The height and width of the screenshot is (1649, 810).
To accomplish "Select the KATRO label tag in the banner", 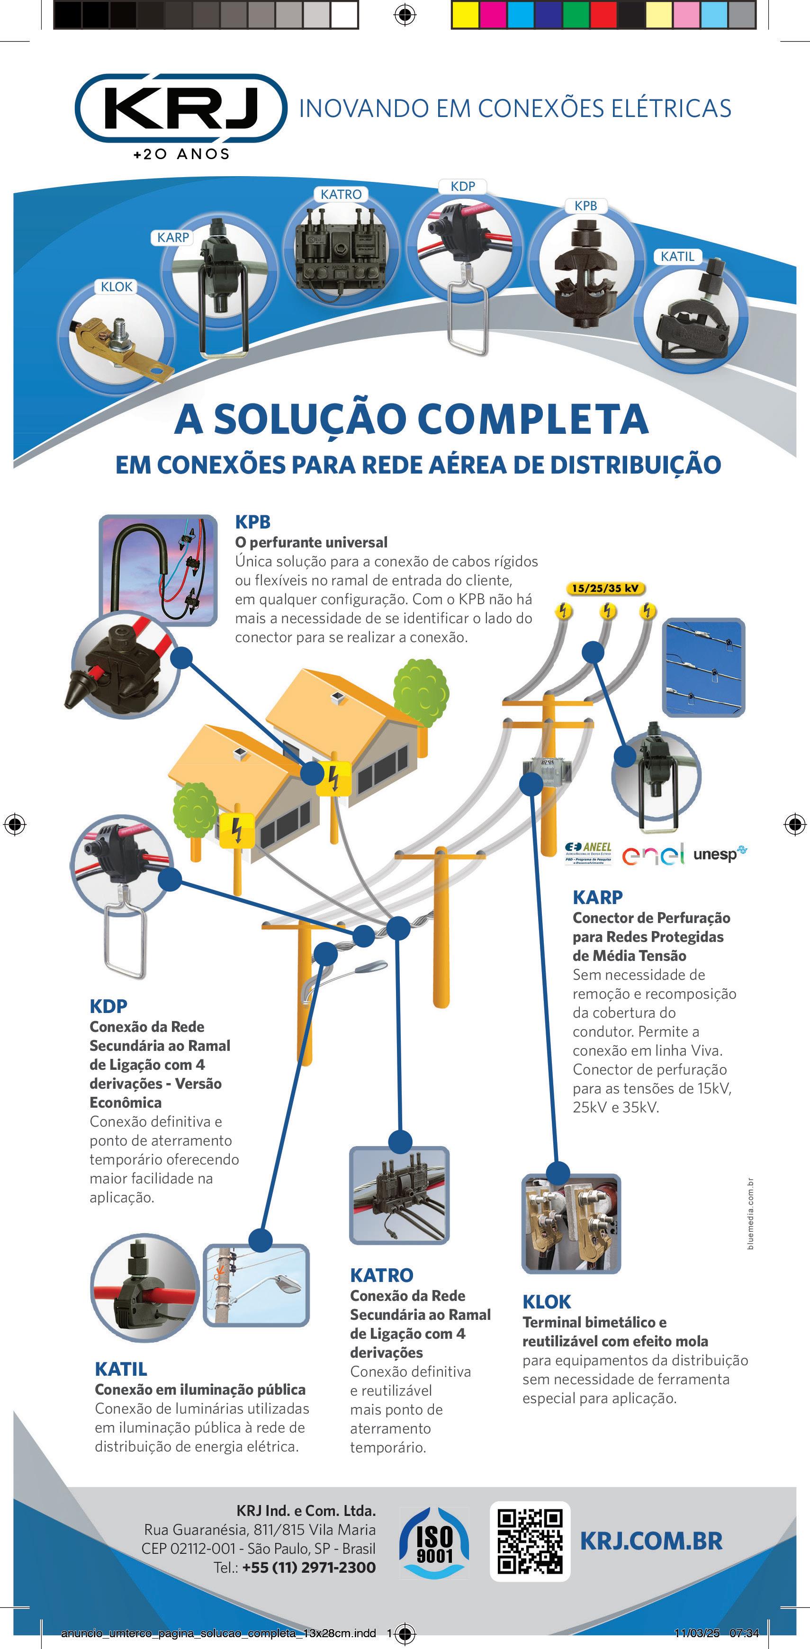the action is (341, 194).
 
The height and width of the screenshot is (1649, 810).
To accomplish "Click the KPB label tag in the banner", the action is (585, 206).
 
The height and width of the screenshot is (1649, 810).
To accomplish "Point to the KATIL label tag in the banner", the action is (677, 257).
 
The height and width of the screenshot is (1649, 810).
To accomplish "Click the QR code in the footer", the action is (530, 1541).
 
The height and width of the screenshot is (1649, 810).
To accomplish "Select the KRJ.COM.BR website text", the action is (651, 1541).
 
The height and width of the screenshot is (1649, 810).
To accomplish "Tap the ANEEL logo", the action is (588, 852).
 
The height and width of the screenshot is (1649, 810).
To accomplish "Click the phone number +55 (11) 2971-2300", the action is (309, 1568).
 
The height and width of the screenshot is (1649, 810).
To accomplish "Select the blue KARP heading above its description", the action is (597, 897).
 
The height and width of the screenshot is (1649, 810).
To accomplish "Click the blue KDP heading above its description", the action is (108, 1006).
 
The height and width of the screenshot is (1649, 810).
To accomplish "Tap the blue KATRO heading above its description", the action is (382, 1275).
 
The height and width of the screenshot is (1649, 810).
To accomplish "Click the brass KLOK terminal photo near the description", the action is (571, 1223).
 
